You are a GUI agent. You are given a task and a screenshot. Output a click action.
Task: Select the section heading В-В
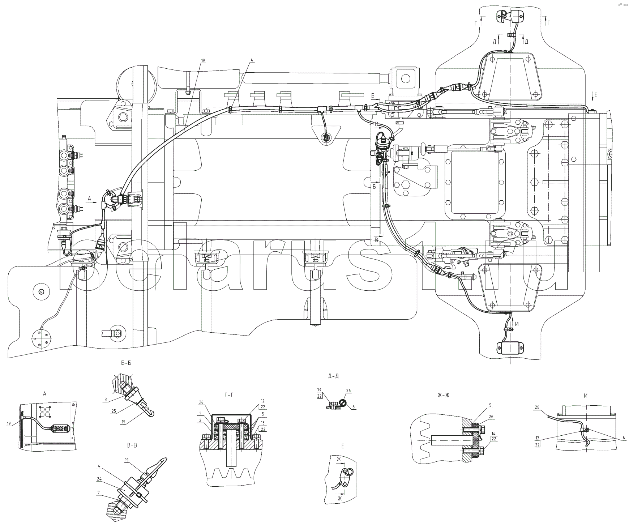click(x=132, y=446)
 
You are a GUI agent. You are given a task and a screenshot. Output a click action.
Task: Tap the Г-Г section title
click(x=227, y=394)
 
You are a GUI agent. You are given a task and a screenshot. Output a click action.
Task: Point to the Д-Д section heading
click(x=333, y=376)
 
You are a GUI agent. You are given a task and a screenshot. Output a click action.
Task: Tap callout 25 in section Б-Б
click(x=114, y=411)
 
